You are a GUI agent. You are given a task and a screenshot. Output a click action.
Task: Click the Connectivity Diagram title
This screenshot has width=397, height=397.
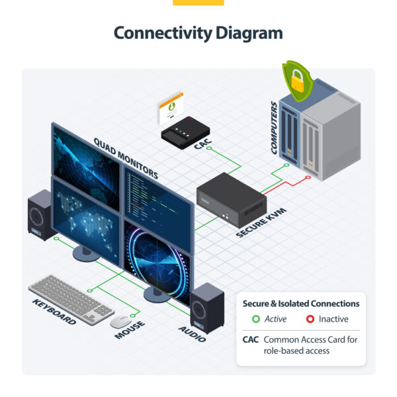tap(198, 32)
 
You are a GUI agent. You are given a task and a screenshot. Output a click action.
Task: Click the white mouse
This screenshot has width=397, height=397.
tap(120, 322)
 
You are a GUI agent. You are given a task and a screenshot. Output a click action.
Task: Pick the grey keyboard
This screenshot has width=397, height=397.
tap(71, 296)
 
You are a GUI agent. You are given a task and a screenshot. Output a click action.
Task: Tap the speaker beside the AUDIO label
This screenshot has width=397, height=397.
tap(207, 307)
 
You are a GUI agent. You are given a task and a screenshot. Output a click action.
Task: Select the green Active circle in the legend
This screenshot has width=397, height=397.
tap(255, 319)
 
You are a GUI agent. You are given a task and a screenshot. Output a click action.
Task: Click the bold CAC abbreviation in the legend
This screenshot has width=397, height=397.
tap(250, 339)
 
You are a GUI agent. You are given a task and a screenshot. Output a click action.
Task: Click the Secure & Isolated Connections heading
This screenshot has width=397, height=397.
tap(300, 303)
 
